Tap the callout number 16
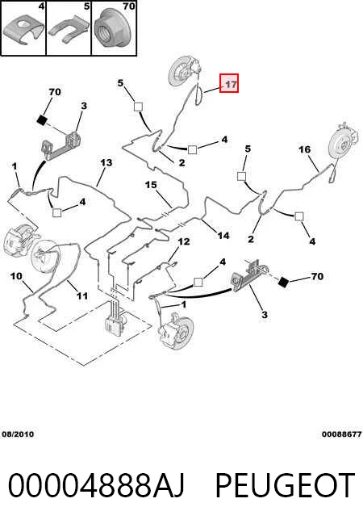[304, 149]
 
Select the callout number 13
[106, 162]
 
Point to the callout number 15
[151, 185]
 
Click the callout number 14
[223, 236]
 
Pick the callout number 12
[184, 241]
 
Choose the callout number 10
[16, 276]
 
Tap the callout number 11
[82, 295]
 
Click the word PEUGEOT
[285, 485]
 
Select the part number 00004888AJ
[96, 485]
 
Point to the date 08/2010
[18, 434]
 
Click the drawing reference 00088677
[341, 434]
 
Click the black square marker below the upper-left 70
[41, 119]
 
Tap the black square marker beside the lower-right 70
[283, 283]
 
